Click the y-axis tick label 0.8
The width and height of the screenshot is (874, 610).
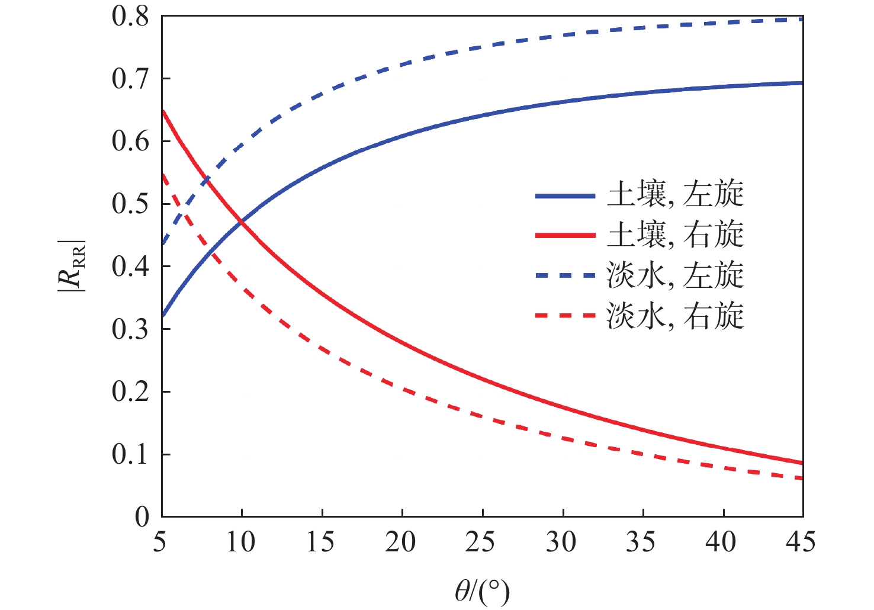pos(130,17)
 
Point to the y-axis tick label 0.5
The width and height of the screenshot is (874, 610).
pos(130,204)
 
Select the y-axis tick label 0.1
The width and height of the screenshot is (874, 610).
pos(130,454)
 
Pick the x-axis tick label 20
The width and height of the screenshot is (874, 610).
pos(401,542)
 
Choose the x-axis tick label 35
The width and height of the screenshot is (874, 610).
pos(641,542)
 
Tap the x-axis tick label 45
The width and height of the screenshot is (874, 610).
pos(802,542)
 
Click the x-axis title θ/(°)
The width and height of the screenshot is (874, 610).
pos(482,590)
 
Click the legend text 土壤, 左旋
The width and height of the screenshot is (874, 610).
pos(675,195)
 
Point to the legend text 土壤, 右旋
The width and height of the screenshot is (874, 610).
pos(675,235)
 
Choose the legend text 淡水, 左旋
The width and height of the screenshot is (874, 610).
pos(675,275)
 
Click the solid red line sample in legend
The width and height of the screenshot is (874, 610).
pos(565,235)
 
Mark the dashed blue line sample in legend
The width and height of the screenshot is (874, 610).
pos(565,275)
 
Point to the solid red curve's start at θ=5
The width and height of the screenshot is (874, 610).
pos(163,111)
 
